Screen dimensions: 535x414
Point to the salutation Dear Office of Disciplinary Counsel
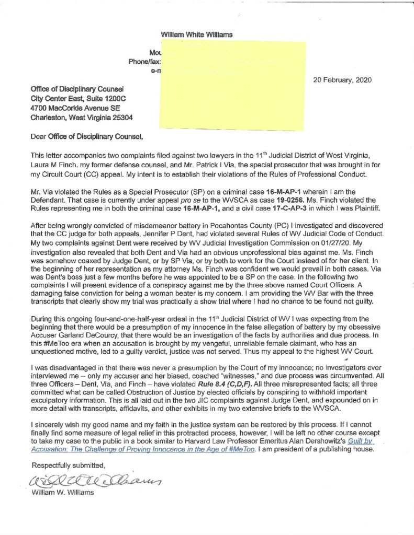86,138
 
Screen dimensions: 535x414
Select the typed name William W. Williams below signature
62,494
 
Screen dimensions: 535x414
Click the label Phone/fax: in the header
143,62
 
